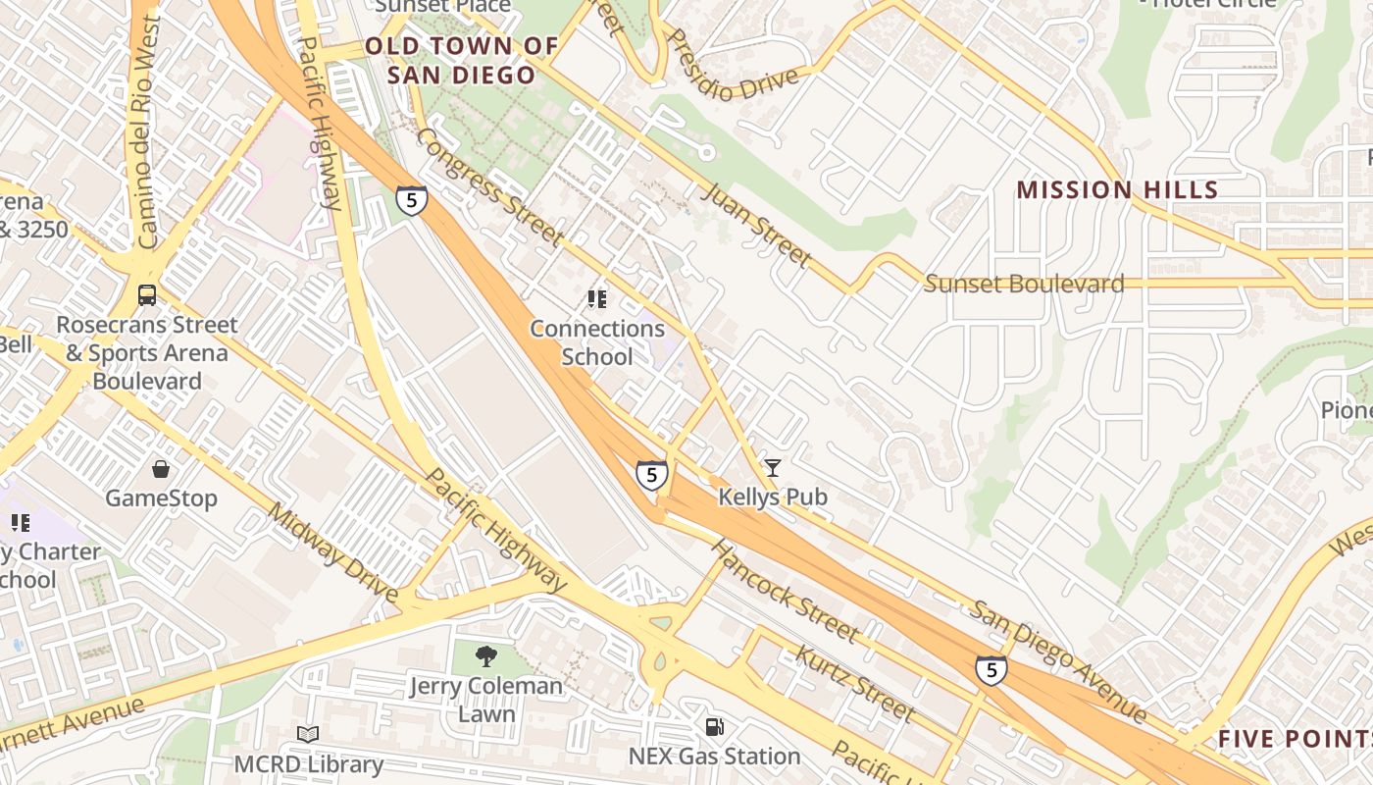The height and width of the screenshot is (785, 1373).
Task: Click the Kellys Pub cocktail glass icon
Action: [773, 468]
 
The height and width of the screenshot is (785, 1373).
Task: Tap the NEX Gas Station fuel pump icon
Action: [716, 727]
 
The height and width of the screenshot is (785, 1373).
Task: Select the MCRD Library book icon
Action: [308, 734]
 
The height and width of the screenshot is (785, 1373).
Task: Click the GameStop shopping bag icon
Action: [161, 469]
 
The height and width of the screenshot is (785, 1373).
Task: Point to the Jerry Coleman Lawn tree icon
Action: [485, 656]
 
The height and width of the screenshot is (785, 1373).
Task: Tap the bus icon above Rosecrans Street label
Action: [147, 294]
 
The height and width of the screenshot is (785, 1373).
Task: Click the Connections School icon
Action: [596, 299]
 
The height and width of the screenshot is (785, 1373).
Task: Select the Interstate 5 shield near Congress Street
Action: [411, 201]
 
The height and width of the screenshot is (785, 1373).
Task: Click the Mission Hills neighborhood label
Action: [1117, 190]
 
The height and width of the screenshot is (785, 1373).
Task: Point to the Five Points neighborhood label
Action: [1295, 739]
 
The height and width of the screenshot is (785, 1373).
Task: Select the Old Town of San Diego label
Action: [461, 60]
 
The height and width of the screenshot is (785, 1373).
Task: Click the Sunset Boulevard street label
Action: [1024, 285]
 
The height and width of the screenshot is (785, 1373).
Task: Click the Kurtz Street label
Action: [854, 683]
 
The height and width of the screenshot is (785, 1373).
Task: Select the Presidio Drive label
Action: [731, 67]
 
